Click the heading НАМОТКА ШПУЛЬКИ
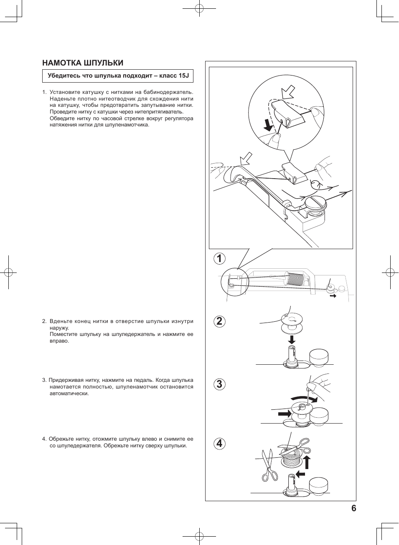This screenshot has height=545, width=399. click(x=83, y=63)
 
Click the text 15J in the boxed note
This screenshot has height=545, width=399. click(x=184, y=76)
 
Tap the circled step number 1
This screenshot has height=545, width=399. click(x=219, y=259)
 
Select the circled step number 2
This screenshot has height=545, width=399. click(x=219, y=321)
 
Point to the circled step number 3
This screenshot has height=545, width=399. click(x=219, y=384)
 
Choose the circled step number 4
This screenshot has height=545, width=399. click(x=219, y=444)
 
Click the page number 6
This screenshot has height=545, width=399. click(x=353, y=508)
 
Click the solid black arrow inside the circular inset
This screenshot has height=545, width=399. click(x=267, y=125)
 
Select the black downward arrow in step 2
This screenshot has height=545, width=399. click(x=292, y=339)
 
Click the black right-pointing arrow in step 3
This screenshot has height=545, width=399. click(x=285, y=414)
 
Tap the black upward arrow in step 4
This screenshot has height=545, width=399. click(x=307, y=462)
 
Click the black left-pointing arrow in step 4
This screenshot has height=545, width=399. click(x=300, y=474)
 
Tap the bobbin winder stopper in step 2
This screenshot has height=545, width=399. click(x=319, y=357)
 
